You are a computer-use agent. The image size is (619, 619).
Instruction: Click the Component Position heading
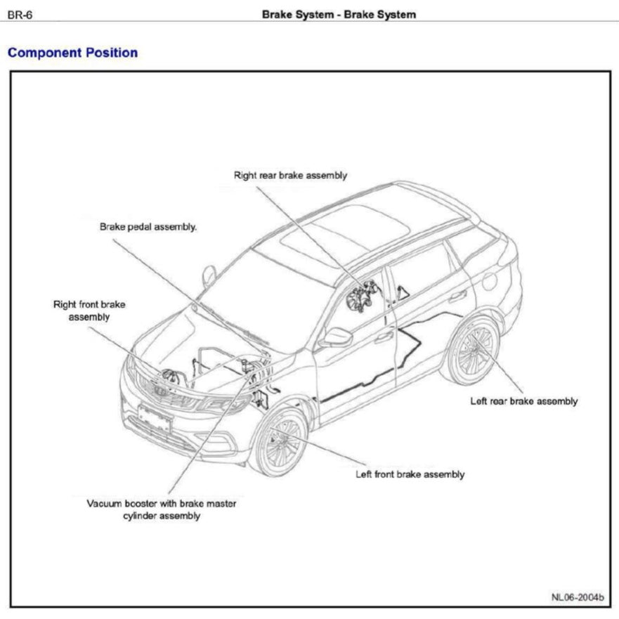pyautogui.click(x=72, y=53)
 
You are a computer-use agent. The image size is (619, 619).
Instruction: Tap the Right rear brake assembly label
pyautogui.click(x=290, y=176)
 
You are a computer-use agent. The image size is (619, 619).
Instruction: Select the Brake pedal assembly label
pyautogui.click(x=148, y=227)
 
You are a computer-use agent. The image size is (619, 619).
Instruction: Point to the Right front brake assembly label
pyautogui.click(x=89, y=311)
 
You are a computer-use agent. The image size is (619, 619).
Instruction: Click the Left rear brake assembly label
pyautogui.click(x=523, y=401)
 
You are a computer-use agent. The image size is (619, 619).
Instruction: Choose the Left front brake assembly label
pyautogui.click(x=410, y=474)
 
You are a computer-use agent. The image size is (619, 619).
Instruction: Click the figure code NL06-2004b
pyautogui.click(x=577, y=597)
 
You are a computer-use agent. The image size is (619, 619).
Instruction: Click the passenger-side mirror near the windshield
pyautogui.click(x=209, y=275)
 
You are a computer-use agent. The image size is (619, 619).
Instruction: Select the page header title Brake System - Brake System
pyautogui.click(x=338, y=14)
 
